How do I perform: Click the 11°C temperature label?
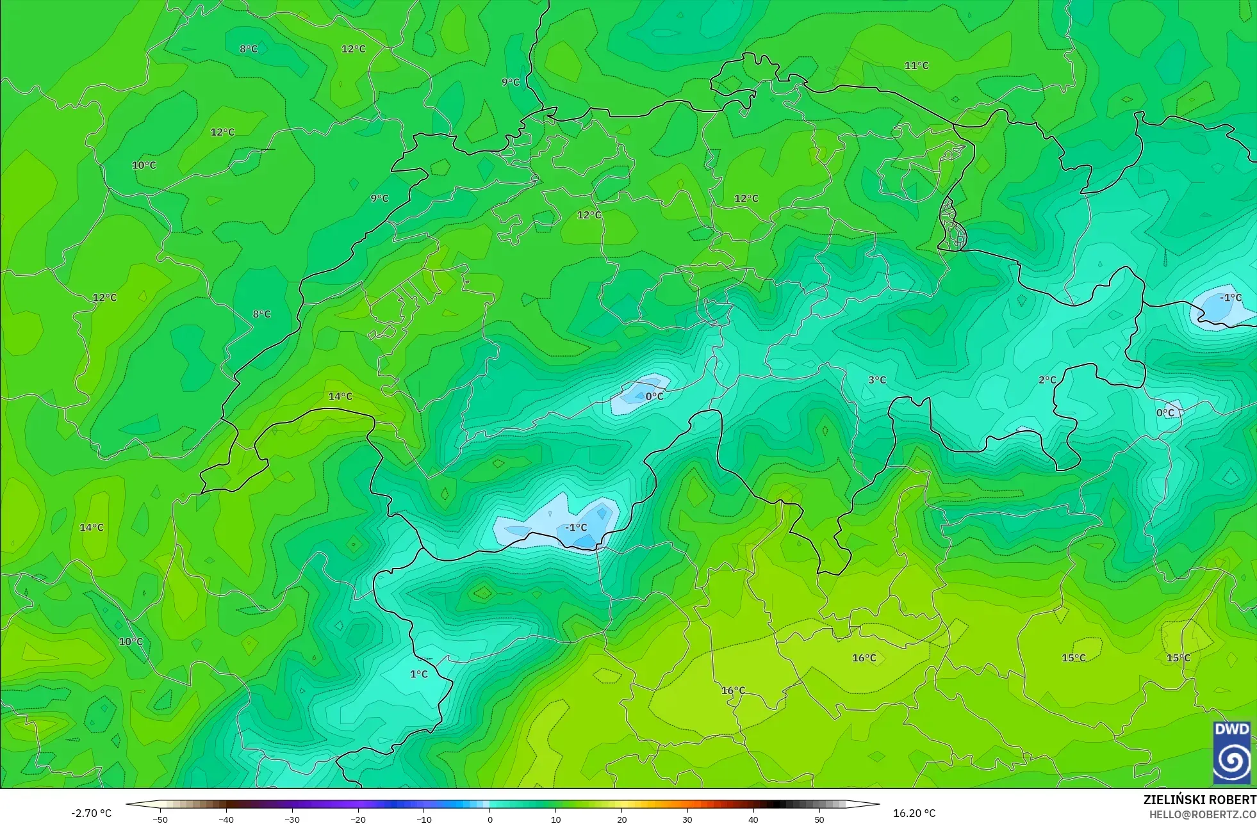tap(916, 66)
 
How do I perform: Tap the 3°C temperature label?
tap(877, 380)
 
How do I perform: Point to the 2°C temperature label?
tap(1047, 380)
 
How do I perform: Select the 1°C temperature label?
tap(418, 674)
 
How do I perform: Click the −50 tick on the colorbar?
tap(160, 819)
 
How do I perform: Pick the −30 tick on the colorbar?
tap(292, 819)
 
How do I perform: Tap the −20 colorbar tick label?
tap(358, 819)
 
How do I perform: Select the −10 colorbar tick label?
tap(424, 819)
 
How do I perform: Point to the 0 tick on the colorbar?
tap(490, 819)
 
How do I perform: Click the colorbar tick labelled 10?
tap(555, 819)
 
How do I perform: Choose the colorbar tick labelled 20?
tap(621, 819)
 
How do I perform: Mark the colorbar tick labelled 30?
tap(687, 819)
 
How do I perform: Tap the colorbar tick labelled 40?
tap(753, 819)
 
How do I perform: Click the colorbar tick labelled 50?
tap(819, 819)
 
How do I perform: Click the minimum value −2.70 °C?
tap(91, 813)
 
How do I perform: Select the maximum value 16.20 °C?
tap(914, 813)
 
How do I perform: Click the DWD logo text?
tap(1231, 729)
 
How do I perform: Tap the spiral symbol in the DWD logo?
tap(1231, 761)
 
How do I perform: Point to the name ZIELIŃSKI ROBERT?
tap(1199, 800)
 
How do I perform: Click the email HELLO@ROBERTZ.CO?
tap(1202, 814)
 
